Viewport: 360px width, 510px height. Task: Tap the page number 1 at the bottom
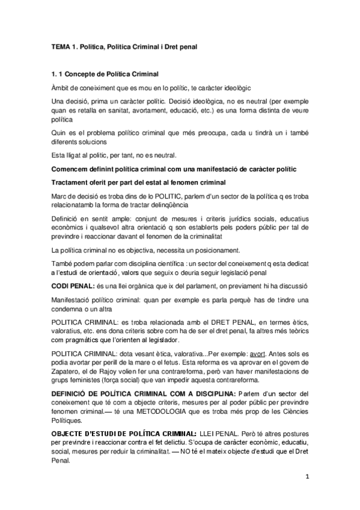(x=307, y=478)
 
